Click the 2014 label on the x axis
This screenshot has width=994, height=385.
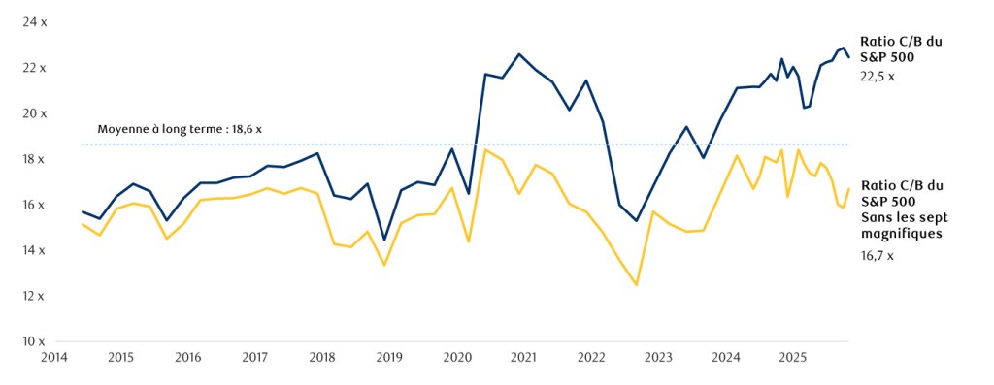[x=53, y=357]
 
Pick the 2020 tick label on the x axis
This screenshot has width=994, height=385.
[x=457, y=357]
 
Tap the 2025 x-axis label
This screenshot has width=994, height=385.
[x=793, y=357]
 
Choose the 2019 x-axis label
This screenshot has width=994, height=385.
[x=389, y=357]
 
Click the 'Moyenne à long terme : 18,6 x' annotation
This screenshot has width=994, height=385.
[x=180, y=128]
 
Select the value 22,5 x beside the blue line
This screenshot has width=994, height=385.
[x=878, y=76]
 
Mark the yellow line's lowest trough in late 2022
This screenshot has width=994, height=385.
[x=637, y=285]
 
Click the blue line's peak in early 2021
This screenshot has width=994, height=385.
[x=519, y=54]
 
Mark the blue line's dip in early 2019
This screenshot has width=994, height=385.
[x=385, y=240]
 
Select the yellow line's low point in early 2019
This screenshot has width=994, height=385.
[x=385, y=265]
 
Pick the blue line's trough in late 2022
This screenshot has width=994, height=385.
[x=637, y=221]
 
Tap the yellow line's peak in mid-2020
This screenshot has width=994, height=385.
[x=484, y=149]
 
